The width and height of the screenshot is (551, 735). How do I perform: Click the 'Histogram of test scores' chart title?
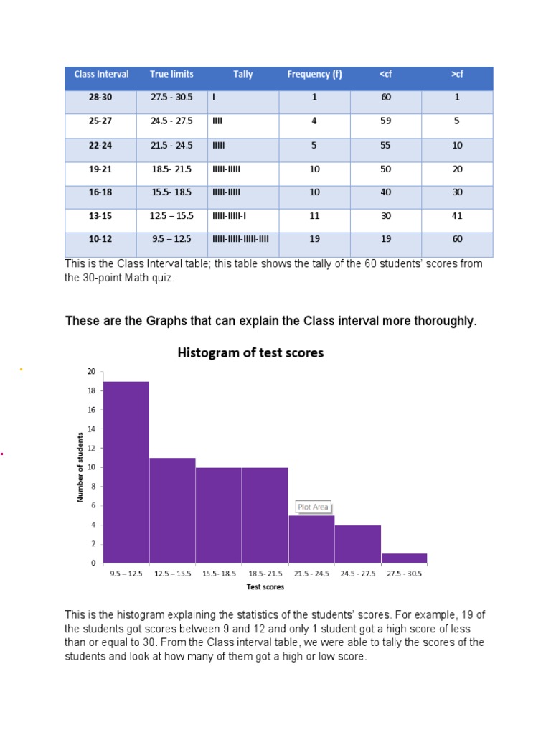pyautogui.click(x=250, y=352)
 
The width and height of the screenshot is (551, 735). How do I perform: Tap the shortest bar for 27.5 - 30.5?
pyautogui.click(x=404, y=558)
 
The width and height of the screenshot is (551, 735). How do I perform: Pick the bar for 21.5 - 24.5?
pyautogui.click(x=311, y=538)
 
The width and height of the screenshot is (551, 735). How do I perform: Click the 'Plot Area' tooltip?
pyautogui.click(x=313, y=507)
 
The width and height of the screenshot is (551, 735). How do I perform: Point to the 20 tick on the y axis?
pyautogui.click(x=91, y=372)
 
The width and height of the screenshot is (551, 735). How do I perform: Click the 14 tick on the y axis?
pyautogui.click(x=91, y=429)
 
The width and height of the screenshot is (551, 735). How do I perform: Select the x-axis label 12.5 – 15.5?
pyautogui.click(x=172, y=574)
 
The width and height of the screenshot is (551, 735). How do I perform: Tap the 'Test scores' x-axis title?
pyautogui.click(x=265, y=587)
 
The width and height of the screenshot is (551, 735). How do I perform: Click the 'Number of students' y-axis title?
pyautogui.click(x=80, y=467)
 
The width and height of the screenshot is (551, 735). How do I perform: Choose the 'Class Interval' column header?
pyautogui.click(x=101, y=74)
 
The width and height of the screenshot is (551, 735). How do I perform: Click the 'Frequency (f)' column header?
pyautogui.click(x=314, y=74)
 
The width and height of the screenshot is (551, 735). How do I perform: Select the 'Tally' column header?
pyautogui.click(x=242, y=74)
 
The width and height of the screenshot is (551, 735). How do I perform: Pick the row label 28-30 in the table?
pyautogui.click(x=100, y=98)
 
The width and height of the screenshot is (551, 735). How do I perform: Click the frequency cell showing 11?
pyautogui.click(x=314, y=216)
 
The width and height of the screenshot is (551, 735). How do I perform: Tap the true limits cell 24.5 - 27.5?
pyautogui.click(x=171, y=121)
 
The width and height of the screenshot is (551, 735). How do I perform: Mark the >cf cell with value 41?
pyautogui.click(x=457, y=216)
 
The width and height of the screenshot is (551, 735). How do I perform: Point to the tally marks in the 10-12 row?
pyautogui.click(x=241, y=239)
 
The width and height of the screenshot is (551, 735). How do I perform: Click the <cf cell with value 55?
pyautogui.click(x=386, y=145)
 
